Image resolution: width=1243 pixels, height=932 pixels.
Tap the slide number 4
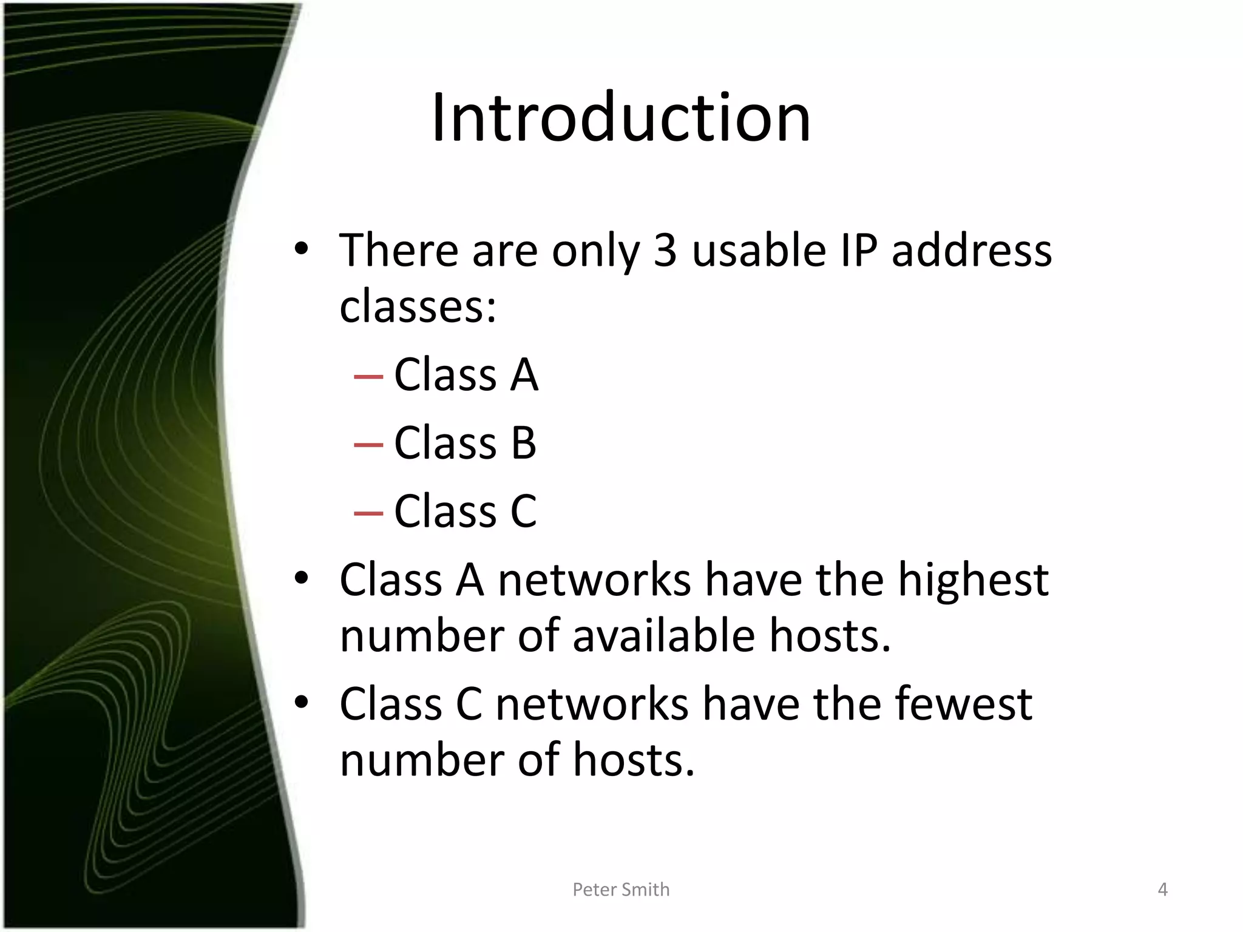[x=1162, y=890]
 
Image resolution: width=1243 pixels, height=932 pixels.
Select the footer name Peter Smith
[x=621, y=890]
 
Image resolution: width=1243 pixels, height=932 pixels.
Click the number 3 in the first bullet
[x=665, y=251]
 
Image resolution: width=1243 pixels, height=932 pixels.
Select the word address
[x=972, y=251]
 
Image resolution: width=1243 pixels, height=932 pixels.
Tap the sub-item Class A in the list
[x=466, y=375]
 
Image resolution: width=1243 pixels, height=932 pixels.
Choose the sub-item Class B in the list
[x=466, y=443]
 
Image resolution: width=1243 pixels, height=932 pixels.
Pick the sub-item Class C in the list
[x=466, y=512]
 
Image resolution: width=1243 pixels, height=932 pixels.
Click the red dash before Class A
[x=368, y=377]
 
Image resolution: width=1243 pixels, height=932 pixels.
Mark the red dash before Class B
[x=368, y=445]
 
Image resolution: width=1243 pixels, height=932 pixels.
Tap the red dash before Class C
[x=368, y=513]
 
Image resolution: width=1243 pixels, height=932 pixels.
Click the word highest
[x=973, y=581]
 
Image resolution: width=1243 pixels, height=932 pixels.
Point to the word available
[x=663, y=637]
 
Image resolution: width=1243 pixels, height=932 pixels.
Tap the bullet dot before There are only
[x=302, y=248]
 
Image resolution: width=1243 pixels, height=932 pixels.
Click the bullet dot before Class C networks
[x=302, y=703]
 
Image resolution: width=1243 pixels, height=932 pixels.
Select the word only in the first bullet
[x=595, y=251]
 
